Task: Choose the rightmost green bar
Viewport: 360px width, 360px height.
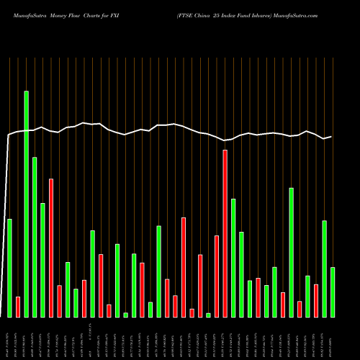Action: pyautogui.click(x=333, y=292)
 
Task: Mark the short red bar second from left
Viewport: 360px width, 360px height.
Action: pyautogui.click(x=18, y=307)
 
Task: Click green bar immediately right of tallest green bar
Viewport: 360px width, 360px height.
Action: pyautogui.click(x=35, y=237)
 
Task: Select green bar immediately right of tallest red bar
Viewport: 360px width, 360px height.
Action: pyautogui.click(x=233, y=258)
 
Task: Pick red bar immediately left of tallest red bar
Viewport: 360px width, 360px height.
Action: pyautogui.click(x=217, y=276)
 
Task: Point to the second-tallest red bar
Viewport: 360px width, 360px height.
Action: pyautogui.click(x=51, y=248)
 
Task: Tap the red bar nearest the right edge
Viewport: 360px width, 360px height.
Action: pyautogui.click(x=316, y=300)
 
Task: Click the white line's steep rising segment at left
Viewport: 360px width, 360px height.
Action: pyautogui.click(x=6, y=216)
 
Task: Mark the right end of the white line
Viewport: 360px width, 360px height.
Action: pyautogui.click(x=331, y=137)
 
